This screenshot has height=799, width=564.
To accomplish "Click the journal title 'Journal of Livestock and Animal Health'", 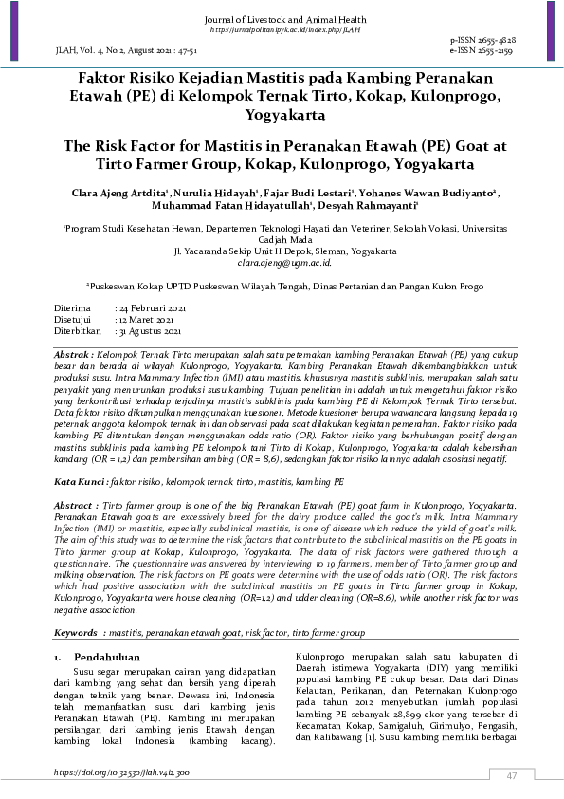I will click(x=282, y=20).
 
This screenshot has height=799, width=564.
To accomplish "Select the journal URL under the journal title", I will click(x=282, y=30).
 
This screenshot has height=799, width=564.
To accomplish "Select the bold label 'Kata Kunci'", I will click(x=78, y=483).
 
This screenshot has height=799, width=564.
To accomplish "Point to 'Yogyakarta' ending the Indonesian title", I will click(x=282, y=116).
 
